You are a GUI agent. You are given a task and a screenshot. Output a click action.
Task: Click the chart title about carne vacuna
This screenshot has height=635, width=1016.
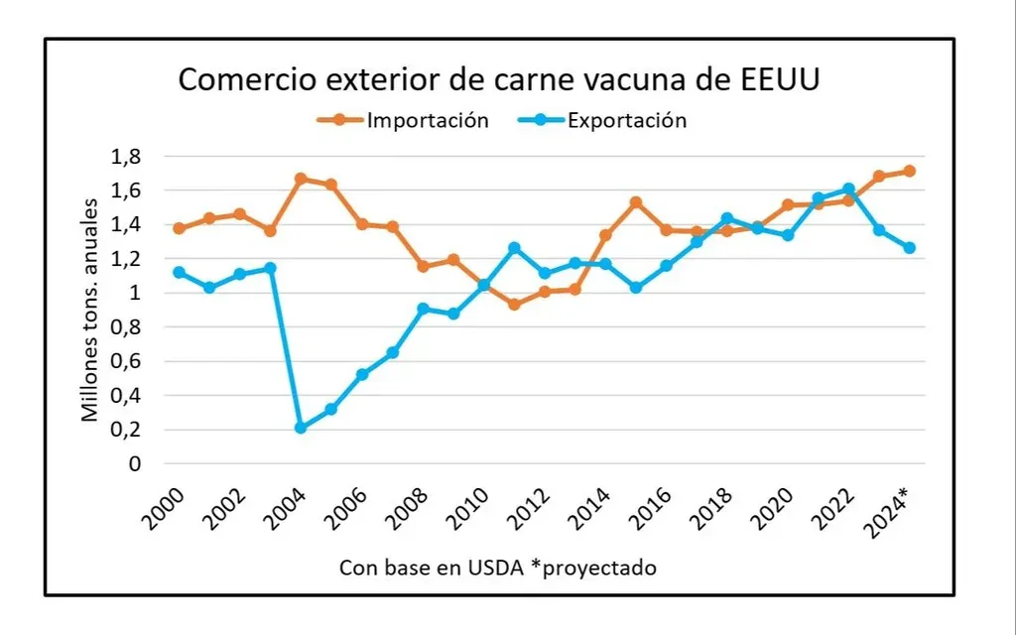click(x=499, y=79)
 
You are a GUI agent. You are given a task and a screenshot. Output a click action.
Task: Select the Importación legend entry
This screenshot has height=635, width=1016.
click(x=427, y=120)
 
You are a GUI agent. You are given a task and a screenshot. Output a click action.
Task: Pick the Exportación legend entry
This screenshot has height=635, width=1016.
click(x=626, y=120)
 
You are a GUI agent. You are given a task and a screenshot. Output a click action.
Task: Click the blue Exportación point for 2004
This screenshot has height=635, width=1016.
click(x=301, y=428)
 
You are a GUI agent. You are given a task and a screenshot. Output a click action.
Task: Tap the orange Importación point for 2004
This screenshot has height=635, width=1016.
click(x=301, y=179)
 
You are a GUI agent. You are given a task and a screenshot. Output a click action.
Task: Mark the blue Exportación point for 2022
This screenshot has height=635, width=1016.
click(x=848, y=189)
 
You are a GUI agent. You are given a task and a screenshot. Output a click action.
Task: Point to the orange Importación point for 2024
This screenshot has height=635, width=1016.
click(x=909, y=171)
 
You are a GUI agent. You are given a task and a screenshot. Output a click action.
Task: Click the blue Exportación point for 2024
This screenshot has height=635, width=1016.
click(x=909, y=248)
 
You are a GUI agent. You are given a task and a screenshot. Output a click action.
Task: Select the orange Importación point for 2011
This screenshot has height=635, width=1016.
click(x=514, y=305)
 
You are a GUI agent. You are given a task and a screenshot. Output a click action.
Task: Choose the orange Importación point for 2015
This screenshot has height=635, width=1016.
click(x=636, y=202)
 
